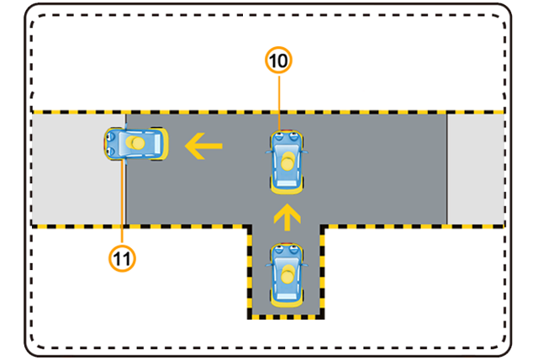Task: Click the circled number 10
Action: point(278,61)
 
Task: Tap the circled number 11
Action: point(122,258)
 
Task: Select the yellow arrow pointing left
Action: point(203,146)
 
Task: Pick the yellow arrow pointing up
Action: point(287,217)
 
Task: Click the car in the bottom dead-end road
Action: point(287,275)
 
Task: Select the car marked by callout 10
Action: point(287,161)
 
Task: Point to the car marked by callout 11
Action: point(136,144)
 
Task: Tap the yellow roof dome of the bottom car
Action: point(287,274)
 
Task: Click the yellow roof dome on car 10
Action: point(287,161)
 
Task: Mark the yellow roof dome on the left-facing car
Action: point(135,143)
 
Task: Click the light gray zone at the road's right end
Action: point(476,169)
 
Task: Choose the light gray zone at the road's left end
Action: point(78,169)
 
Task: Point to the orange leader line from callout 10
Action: point(279,103)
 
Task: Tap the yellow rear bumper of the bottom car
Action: point(287,302)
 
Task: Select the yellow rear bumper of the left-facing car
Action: point(164,144)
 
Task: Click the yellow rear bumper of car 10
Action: point(287,189)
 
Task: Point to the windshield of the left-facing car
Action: point(122,143)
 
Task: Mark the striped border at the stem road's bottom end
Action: point(286,316)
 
